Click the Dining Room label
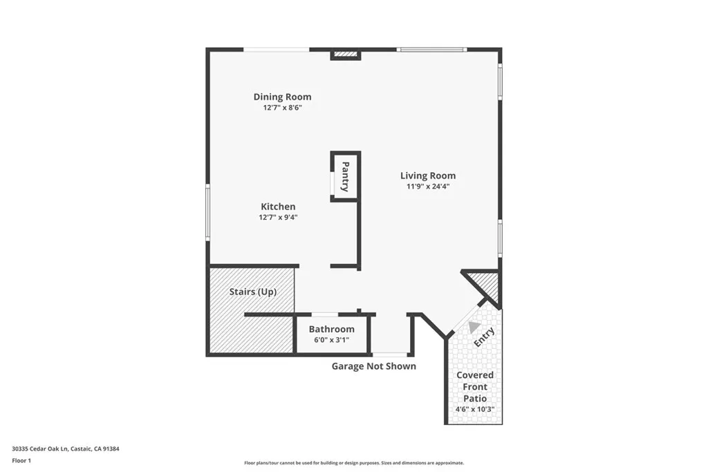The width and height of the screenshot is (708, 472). (x=282, y=97)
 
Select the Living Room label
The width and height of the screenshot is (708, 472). (x=428, y=176)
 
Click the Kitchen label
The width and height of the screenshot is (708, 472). (x=278, y=207)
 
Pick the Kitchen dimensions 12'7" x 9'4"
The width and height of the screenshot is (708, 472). (x=278, y=218)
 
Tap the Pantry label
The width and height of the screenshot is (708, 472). (x=345, y=176)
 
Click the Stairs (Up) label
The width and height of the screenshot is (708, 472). (x=253, y=292)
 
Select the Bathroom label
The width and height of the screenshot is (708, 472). (x=332, y=329)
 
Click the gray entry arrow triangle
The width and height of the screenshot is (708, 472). (x=474, y=326)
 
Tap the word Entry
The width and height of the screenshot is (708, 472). (x=484, y=337)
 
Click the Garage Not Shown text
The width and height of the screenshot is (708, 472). (x=374, y=366)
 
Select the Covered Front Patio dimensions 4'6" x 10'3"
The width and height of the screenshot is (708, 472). (x=475, y=410)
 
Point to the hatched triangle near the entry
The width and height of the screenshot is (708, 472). (x=488, y=284)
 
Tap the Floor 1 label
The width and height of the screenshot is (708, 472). (x=24, y=460)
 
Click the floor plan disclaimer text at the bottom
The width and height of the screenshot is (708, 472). (x=354, y=463)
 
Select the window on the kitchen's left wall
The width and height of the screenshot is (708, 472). (x=207, y=212)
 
